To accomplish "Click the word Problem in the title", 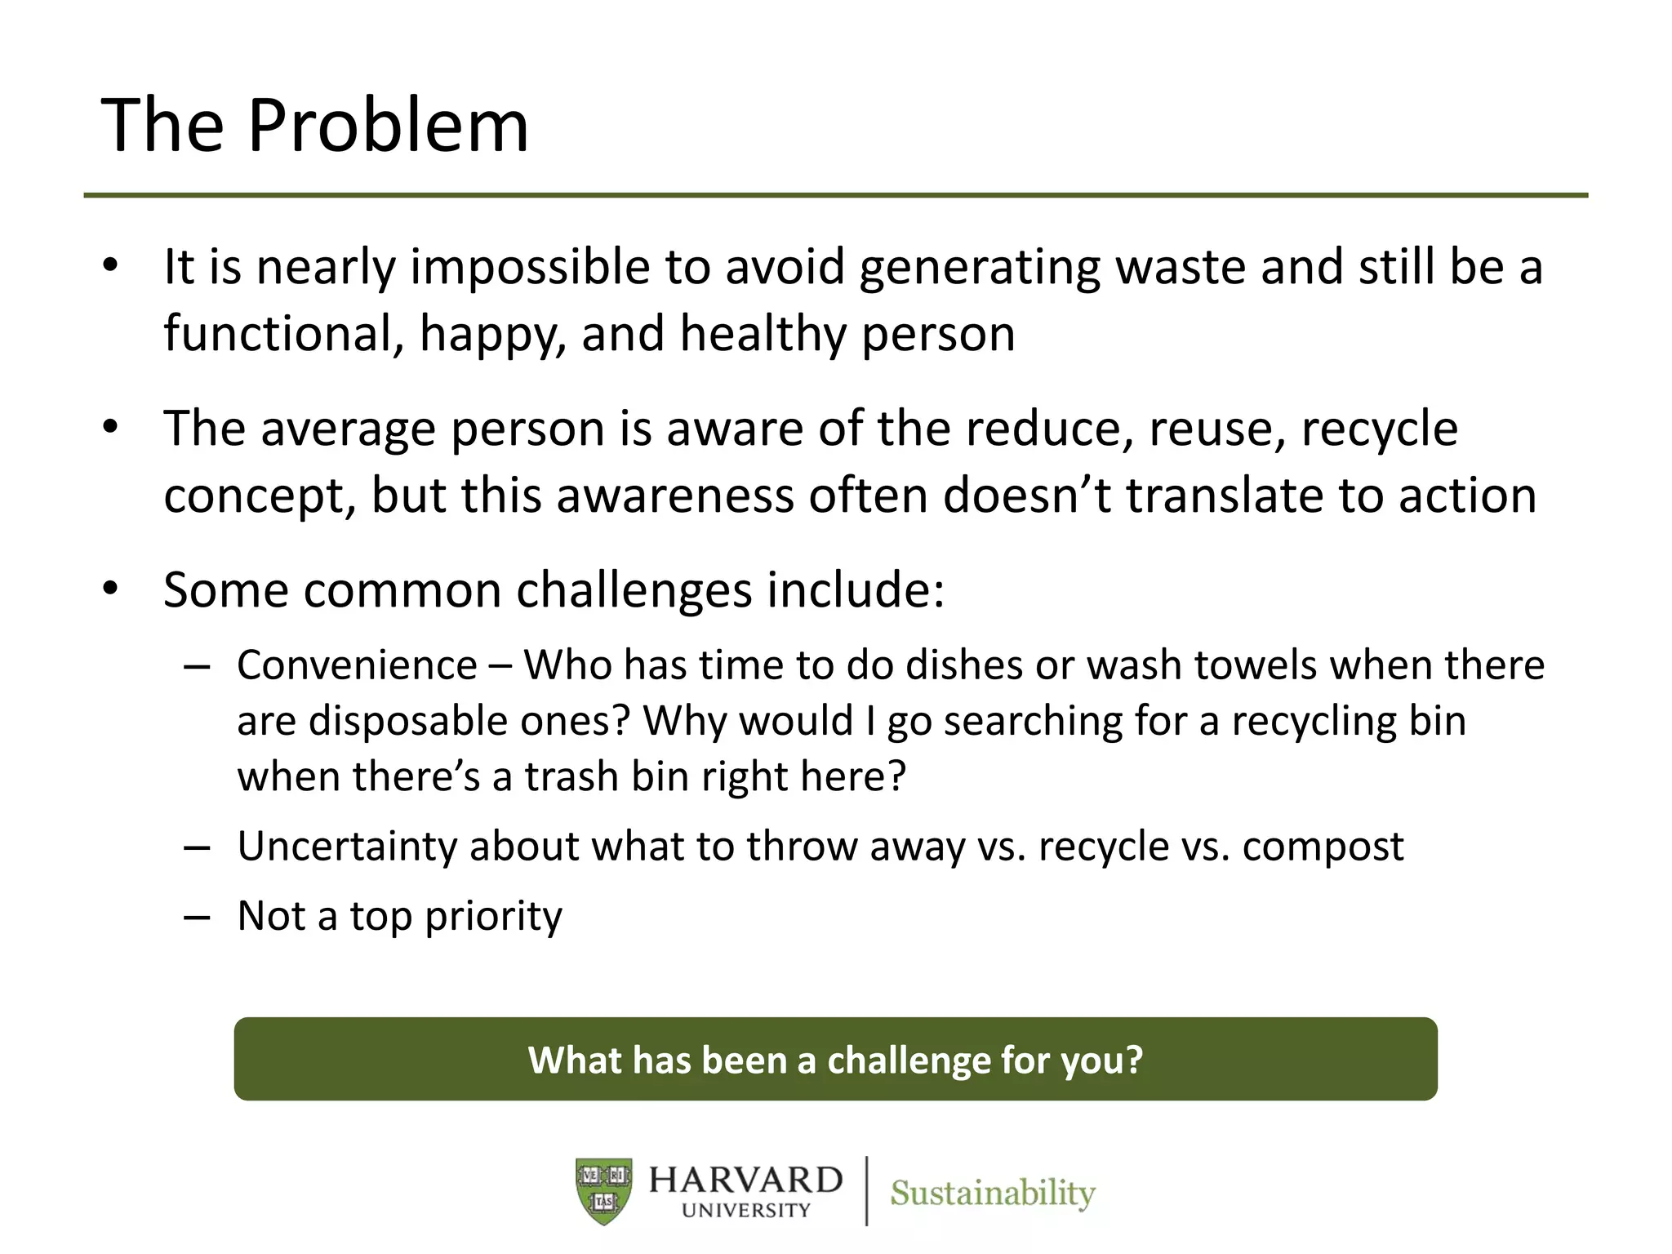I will point(388,127).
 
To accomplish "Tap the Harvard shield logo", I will point(603,1191).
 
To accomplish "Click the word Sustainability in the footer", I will point(992,1193).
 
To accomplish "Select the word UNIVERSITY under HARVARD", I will point(745,1210).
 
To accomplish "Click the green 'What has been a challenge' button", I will point(835,1059).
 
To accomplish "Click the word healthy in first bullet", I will point(763,334).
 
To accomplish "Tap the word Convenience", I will point(357,665).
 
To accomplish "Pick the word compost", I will point(1323,847).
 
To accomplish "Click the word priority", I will point(493,916).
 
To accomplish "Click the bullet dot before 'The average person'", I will point(111,428).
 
